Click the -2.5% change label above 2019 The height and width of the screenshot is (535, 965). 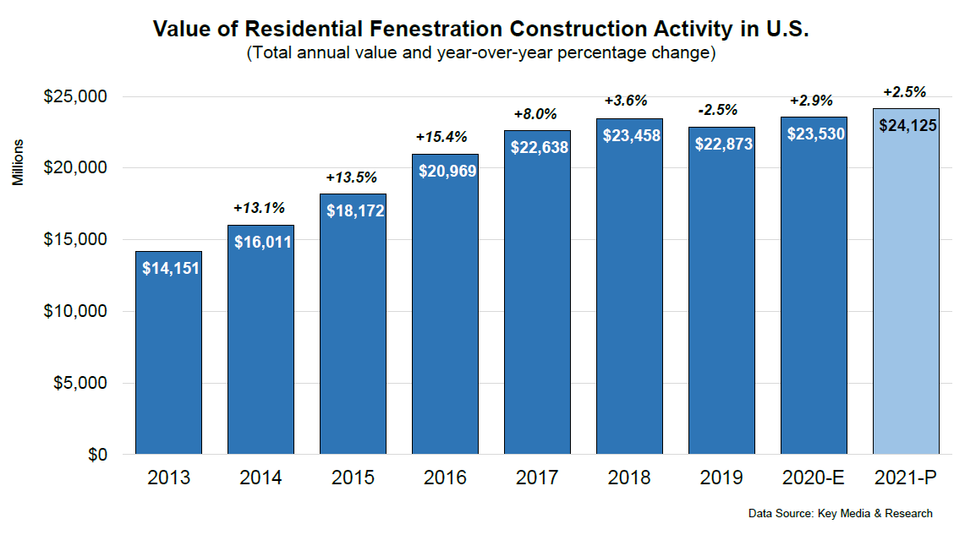pos(717,110)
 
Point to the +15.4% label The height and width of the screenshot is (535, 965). pos(441,137)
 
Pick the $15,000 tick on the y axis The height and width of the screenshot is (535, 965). pos(75,240)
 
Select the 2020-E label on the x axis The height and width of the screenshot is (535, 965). pos(813,478)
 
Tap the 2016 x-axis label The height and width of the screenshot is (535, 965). pos(445,478)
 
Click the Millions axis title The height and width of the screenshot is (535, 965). pos(19,163)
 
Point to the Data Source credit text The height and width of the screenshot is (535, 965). pos(840,514)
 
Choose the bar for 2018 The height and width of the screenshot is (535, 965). pos(629,296)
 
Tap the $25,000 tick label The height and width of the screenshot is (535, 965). pos(75,96)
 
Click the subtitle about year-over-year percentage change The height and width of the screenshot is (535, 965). pos(481,53)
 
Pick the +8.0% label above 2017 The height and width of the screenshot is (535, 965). pos(535,114)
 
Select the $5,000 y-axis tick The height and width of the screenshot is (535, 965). pos(79,383)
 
